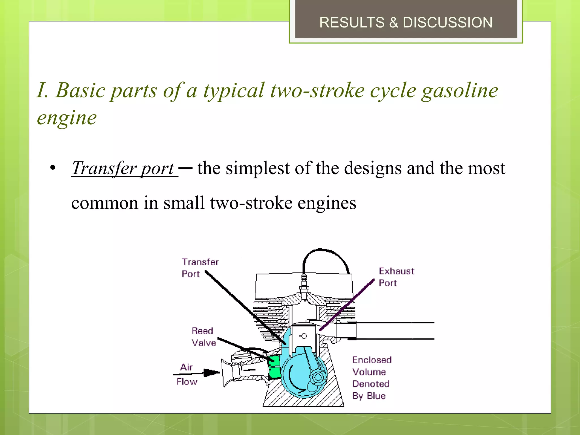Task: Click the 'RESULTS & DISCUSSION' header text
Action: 406,22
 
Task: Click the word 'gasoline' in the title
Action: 460,91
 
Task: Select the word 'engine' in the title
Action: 67,118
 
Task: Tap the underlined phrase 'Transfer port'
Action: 123,168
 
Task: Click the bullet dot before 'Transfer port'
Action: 53,168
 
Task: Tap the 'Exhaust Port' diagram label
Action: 396,277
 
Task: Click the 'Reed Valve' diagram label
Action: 203,337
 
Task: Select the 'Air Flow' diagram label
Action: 187,374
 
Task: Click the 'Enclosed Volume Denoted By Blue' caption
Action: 371,378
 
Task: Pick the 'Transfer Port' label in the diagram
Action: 200,268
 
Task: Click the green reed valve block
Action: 274,367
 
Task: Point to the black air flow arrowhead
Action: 211,373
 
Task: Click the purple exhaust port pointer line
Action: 347,305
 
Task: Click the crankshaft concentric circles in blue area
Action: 318,377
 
